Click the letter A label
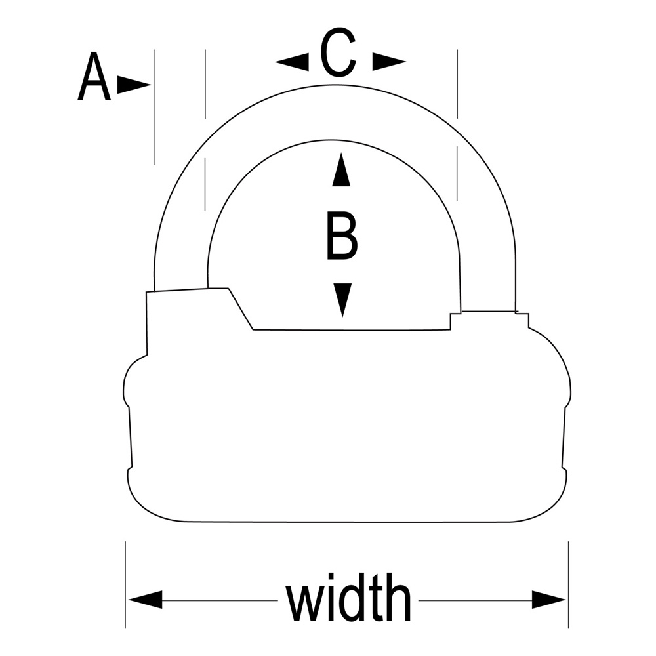[94, 79]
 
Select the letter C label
[338, 54]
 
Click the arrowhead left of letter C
[293, 62]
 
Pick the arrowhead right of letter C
[388, 62]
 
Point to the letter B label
[341, 236]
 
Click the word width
[348, 598]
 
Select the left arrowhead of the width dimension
[146, 600]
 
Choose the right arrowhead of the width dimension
[548, 600]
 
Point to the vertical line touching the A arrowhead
[154, 105]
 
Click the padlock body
[346, 426]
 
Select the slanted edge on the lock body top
[241, 309]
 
